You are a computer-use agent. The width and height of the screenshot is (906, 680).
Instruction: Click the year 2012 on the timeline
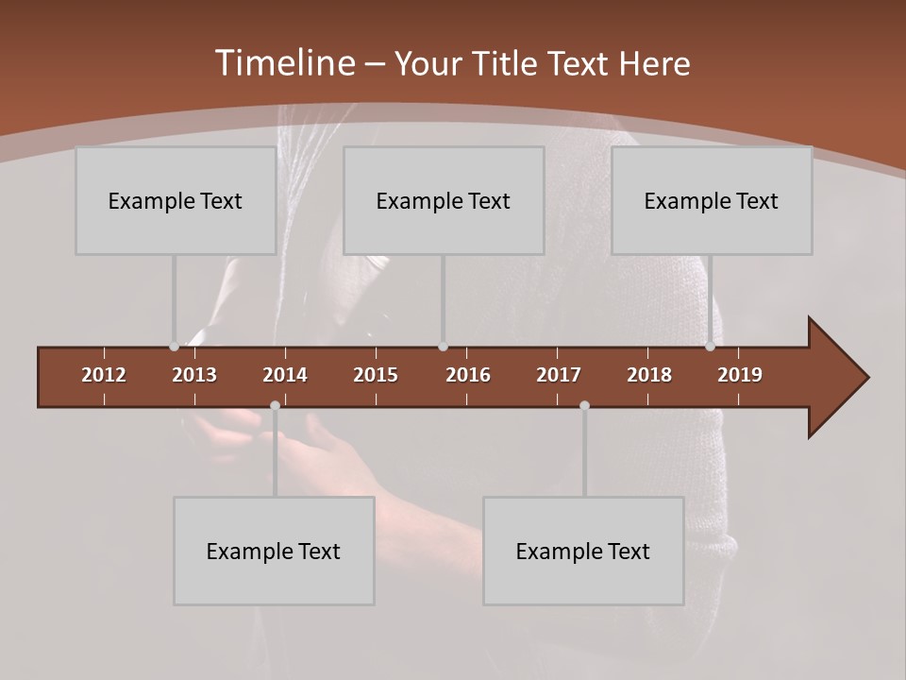click(104, 375)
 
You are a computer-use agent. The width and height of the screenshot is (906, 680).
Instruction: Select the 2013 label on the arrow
click(194, 375)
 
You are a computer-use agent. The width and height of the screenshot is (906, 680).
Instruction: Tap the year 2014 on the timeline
click(285, 375)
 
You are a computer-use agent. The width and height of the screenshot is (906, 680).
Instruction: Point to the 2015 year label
click(376, 375)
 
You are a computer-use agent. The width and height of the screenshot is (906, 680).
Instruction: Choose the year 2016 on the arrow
click(468, 375)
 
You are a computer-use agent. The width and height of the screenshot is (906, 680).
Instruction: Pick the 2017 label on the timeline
click(559, 375)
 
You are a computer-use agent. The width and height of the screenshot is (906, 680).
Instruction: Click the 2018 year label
click(649, 375)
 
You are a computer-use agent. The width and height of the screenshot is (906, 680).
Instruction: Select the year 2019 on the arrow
click(740, 375)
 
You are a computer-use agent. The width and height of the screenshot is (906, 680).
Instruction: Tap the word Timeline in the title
click(284, 63)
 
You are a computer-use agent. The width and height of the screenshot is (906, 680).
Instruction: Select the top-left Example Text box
click(176, 200)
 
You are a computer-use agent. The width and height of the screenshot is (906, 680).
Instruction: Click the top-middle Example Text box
click(444, 200)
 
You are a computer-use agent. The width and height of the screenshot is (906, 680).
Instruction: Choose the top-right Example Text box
click(712, 200)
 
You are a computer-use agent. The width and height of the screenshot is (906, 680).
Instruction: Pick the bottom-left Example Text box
click(274, 551)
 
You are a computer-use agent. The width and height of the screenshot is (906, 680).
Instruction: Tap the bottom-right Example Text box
click(583, 551)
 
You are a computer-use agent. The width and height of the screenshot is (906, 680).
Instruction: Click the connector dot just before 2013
click(174, 347)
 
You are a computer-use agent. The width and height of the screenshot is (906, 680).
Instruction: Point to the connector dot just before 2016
click(444, 347)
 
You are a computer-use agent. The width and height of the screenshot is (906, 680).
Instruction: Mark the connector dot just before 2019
click(711, 347)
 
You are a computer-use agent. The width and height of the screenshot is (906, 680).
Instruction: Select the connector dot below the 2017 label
click(584, 406)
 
